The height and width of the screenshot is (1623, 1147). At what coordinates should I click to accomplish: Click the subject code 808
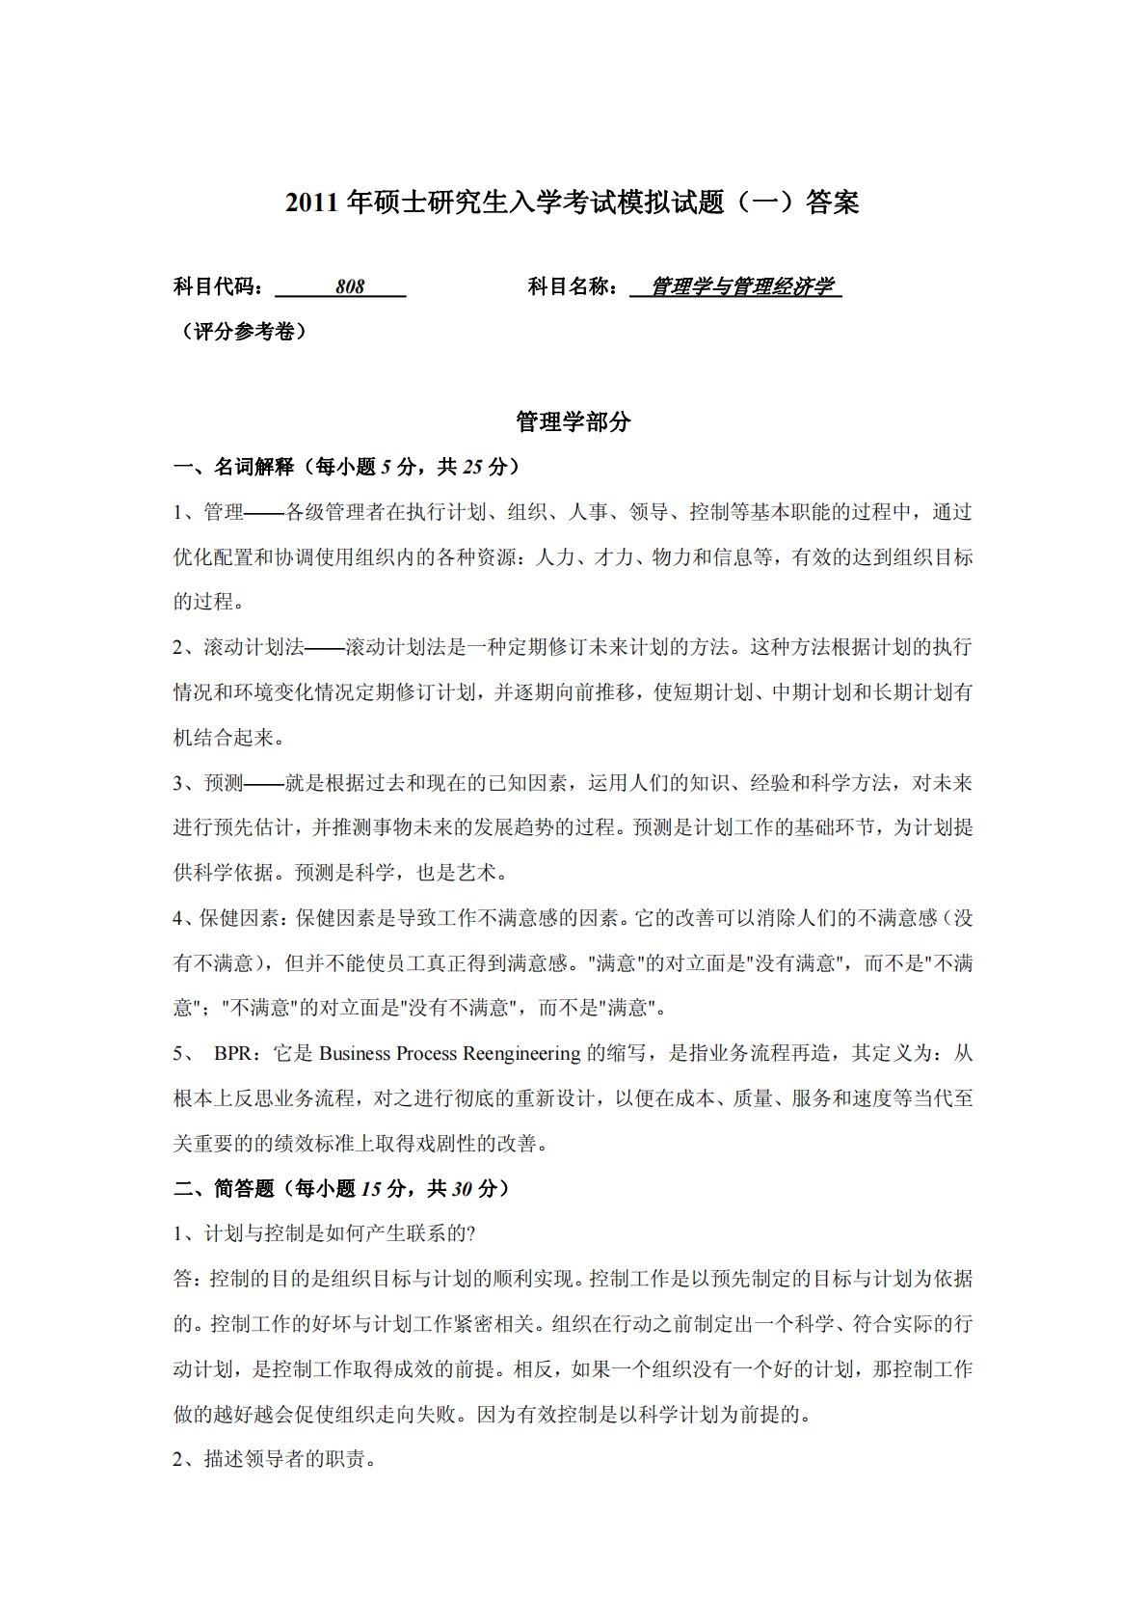tap(350, 287)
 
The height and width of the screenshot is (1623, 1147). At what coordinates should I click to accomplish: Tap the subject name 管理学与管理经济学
tap(740, 287)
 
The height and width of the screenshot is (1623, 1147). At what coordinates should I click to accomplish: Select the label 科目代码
tap(217, 287)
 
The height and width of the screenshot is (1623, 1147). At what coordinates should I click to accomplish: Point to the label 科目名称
tap(572, 287)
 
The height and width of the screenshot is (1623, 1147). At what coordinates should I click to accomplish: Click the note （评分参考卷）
tap(242, 333)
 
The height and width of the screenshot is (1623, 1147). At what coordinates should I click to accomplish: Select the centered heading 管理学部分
tap(573, 422)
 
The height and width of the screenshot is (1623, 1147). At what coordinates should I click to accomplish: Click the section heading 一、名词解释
tap(234, 468)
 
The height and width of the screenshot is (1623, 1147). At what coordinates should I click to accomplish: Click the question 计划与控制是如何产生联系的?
tap(340, 1234)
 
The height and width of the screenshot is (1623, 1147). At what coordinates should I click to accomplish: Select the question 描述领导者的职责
tap(289, 1460)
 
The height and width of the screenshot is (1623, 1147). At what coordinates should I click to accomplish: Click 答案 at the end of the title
tap(833, 203)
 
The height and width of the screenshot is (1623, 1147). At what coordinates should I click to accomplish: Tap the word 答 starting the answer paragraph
tap(182, 1280)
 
